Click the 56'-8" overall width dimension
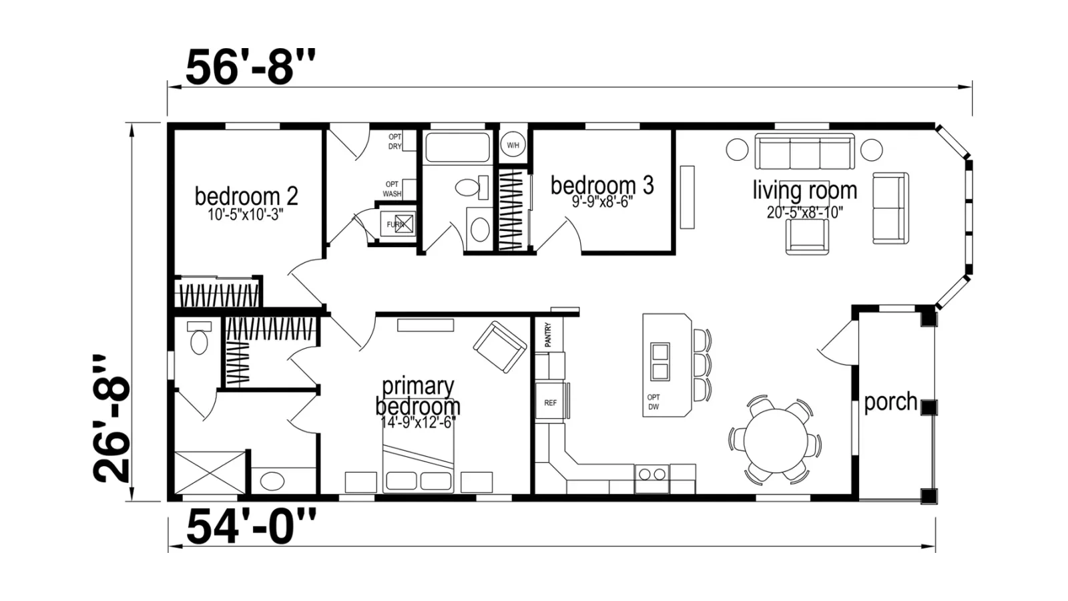250,67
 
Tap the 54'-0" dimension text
251,526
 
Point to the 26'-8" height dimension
111,419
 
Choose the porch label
890,401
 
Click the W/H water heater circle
513,144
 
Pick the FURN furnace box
398,224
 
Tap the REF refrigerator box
550,401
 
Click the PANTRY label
548,335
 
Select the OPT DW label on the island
653,402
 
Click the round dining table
775,441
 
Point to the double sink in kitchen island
660,361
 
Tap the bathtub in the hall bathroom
458,148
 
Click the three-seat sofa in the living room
805,151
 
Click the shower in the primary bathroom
210,473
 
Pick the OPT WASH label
392,189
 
